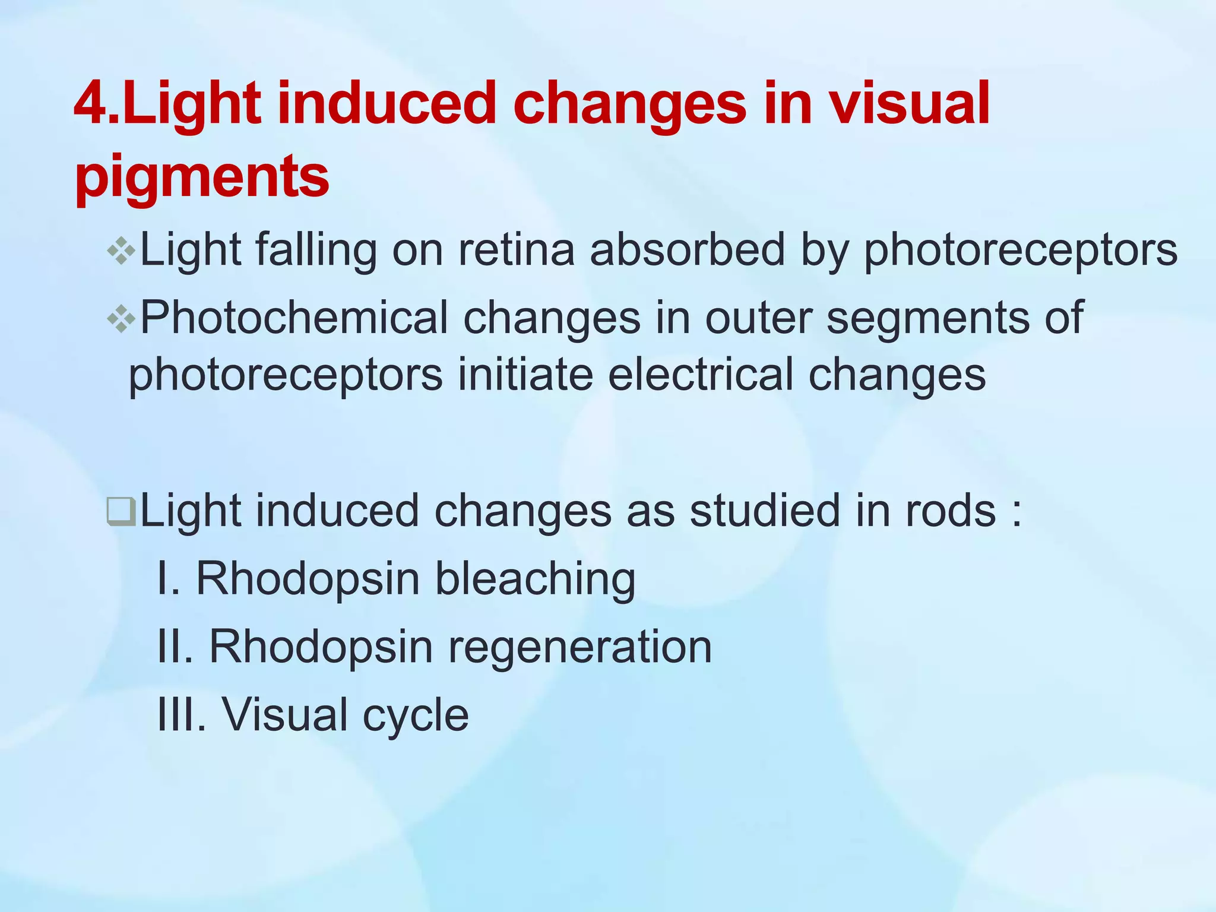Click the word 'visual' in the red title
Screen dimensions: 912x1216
(x=908, y=104)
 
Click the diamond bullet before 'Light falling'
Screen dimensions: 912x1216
(x=121, y=251)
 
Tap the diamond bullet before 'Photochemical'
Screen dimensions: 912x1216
(x=121, y=319)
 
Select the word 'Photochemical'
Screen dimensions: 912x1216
(x=294, y=318)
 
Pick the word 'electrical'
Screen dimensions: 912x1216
(x=701, y=375)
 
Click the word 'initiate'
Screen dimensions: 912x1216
(x=525, y=375)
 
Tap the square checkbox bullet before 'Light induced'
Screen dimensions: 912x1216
(x=121, y=511)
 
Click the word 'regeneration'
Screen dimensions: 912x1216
(x=579, y=647)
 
